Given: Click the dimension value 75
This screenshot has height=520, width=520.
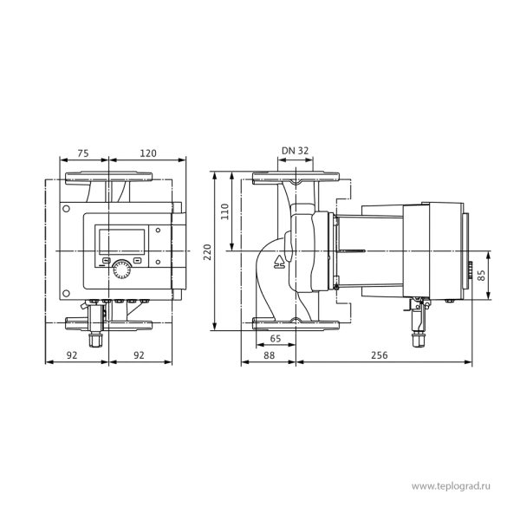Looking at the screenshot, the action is [x=83, y=153].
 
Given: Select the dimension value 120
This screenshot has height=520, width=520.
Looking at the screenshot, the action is [x=148, y=153].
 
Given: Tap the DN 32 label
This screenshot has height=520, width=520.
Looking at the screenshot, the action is [x=296, y=151].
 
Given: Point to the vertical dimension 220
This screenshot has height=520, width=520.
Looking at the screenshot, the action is [x=207, y=252].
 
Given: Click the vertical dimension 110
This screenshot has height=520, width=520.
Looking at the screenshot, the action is [x=224, y=211].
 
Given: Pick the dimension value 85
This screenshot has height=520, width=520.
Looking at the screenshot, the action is [x=481, y=276].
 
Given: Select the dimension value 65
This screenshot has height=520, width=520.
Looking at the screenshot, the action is [x=276, y=339].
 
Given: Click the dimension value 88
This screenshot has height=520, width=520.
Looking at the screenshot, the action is [x=270, y=355].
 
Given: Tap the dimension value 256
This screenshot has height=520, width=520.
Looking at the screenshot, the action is [x=379, y=355].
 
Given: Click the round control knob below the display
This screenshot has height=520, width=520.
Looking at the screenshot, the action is [x=121, y=270].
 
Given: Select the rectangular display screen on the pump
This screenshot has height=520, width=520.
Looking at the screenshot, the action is [x=121, y=241].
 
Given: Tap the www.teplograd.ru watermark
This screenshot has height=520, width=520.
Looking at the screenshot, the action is [x=451, y=486].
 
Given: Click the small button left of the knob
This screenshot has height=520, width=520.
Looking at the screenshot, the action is [x=106, y=261].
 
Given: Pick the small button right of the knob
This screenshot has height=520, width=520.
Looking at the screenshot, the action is [x=137, y=261].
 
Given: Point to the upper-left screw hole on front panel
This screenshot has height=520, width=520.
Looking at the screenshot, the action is [x=67, y=209].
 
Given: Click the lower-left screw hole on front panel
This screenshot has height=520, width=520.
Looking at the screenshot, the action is [x=67, y=294].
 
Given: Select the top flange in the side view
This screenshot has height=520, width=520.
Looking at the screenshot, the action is [x=296, y=178].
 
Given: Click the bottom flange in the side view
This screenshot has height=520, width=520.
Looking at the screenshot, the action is [x=296, y=324].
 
